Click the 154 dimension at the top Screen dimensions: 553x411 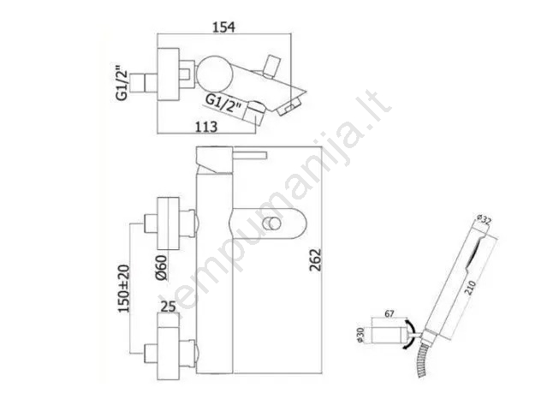click(223, 27)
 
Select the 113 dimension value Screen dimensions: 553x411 click(206, 127)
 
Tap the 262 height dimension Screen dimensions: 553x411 click(316, 259)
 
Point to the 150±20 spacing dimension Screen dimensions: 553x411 click(124, 289)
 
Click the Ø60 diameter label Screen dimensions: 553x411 click(161, 267)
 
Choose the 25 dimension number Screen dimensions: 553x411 click(168, 307)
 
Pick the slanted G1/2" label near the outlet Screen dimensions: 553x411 click(224, 104)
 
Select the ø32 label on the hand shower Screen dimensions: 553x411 click(485, 220)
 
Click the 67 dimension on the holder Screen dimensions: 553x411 click(389, 313)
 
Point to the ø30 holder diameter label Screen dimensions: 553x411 click(360, 335)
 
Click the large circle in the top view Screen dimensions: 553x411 click(215, 72)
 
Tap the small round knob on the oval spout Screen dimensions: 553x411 click(271, 223)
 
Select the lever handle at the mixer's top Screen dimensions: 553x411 click(250, 155)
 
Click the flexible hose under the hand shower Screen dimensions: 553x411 click(423, 359)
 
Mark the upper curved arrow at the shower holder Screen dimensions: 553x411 click(410, 325)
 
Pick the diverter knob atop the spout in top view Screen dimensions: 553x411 click(271, 66)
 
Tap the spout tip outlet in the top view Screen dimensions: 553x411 click(289, 107)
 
